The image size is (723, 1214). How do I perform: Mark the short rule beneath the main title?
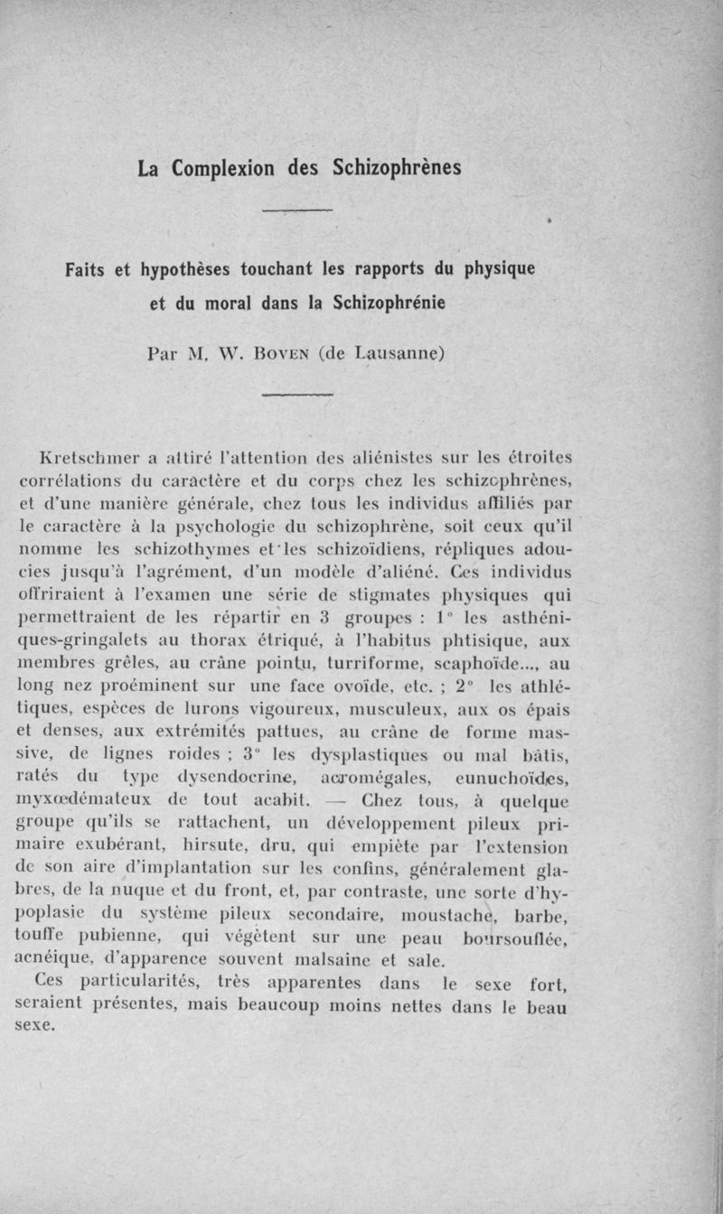click(297, 210)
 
